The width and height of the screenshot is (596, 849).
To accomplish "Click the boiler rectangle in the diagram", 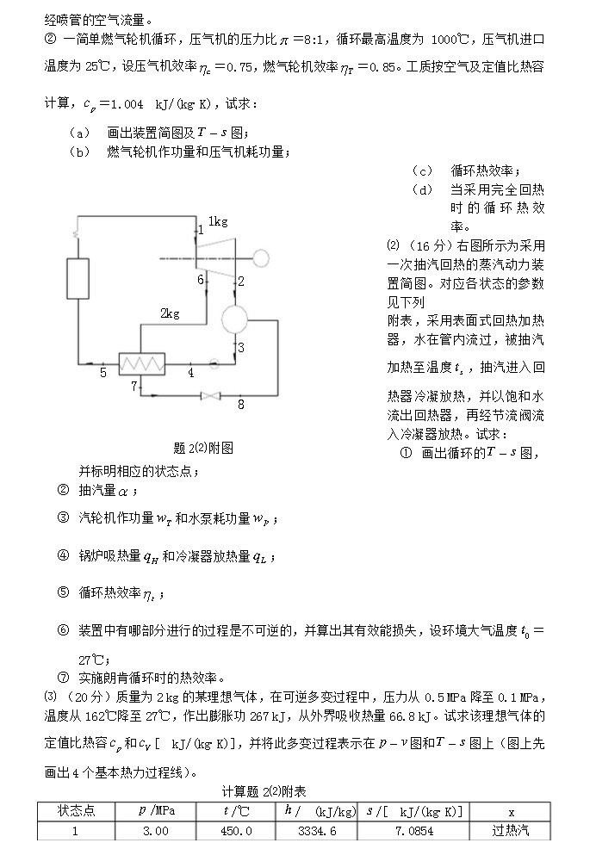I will click(x=79, y=278).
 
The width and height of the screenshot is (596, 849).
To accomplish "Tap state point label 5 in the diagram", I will click(x=102, y=373).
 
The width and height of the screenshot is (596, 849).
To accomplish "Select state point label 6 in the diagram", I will click(x=200, y=279).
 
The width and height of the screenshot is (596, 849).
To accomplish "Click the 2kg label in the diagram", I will click(x=169, y=313).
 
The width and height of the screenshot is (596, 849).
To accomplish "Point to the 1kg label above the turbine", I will click(x=217, y=221).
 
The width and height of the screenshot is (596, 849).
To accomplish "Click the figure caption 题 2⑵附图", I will click(x=203, y=448).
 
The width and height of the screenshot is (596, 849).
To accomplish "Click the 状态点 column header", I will click(x=75, y=811).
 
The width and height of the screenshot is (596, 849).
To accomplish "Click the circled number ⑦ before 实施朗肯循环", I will click(x=62, y=676).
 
